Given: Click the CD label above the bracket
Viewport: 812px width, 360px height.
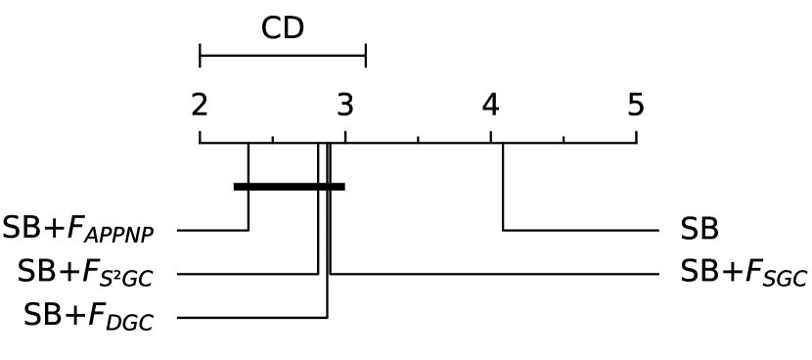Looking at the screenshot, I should [283, 27].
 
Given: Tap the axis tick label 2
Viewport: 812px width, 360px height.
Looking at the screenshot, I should [200, 105].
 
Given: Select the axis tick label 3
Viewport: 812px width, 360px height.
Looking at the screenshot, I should [344, 105].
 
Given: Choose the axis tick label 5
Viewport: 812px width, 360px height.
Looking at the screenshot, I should [636, 105].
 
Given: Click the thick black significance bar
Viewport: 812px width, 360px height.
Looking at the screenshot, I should [289, 186].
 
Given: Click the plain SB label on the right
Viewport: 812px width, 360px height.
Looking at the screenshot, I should [699, 231].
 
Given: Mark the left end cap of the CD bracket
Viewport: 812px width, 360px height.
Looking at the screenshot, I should [200, 56].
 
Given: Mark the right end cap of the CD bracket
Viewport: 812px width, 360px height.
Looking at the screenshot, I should [366, 56].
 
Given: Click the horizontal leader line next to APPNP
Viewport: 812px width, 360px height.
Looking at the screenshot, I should [212, 231].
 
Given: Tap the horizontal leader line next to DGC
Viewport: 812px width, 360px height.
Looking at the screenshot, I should [251, 317].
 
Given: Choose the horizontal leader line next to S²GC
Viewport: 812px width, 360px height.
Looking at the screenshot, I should [248, 274].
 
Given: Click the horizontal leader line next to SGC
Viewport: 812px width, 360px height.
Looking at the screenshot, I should [494, 274].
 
